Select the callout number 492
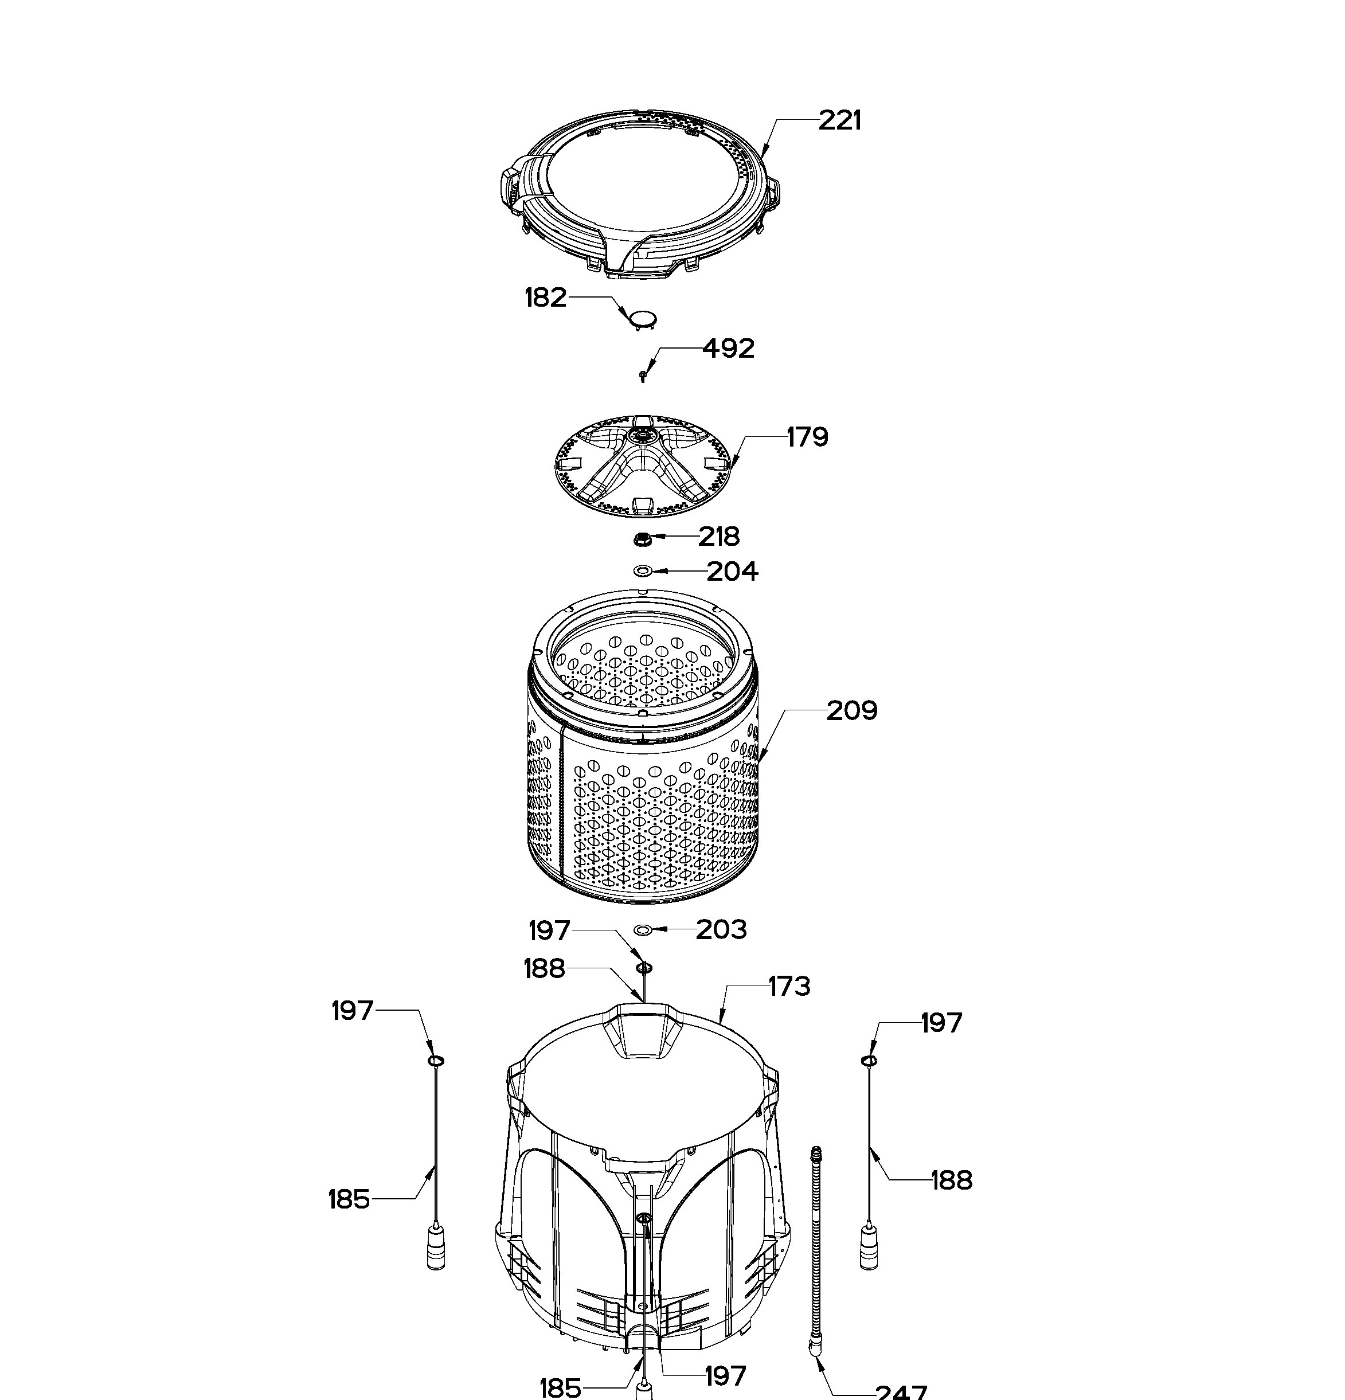(729, 349)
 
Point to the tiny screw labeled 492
(644, 375)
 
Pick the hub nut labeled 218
(642, 538)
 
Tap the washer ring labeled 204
(643, 570)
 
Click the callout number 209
(851, 711)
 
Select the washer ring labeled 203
(643, 929)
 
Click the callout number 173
(789, 987)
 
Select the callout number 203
(721, 929)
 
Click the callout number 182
(546, 297)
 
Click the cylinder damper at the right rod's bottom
(869, 1245)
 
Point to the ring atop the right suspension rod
(869, 1061)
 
